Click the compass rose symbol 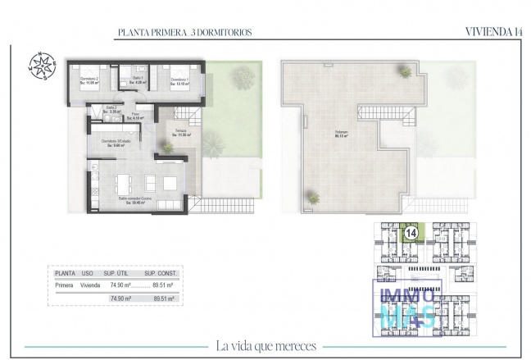pos(39,63)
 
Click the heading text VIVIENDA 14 pos(493,32)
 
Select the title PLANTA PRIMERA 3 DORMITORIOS pos(184,33)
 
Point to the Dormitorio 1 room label pos(179,80)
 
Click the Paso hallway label pos(135,116)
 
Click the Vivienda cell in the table pos(90,285)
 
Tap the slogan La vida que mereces pos(265,346)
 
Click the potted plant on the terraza pos(166,147)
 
